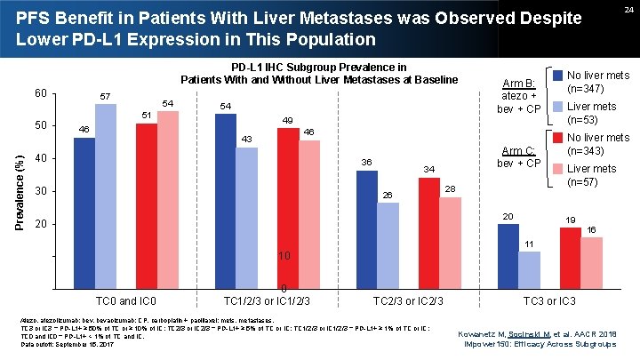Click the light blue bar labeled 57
pos(106,195)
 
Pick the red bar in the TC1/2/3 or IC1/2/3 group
pos(287,207)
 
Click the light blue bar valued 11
pos(529,269)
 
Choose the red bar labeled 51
pos(147,204)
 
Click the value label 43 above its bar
pos(247,139)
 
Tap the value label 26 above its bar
pos(388,195)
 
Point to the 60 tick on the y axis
pos(40,93)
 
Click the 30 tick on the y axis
pos(40,192)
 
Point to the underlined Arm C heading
pos(517,149)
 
